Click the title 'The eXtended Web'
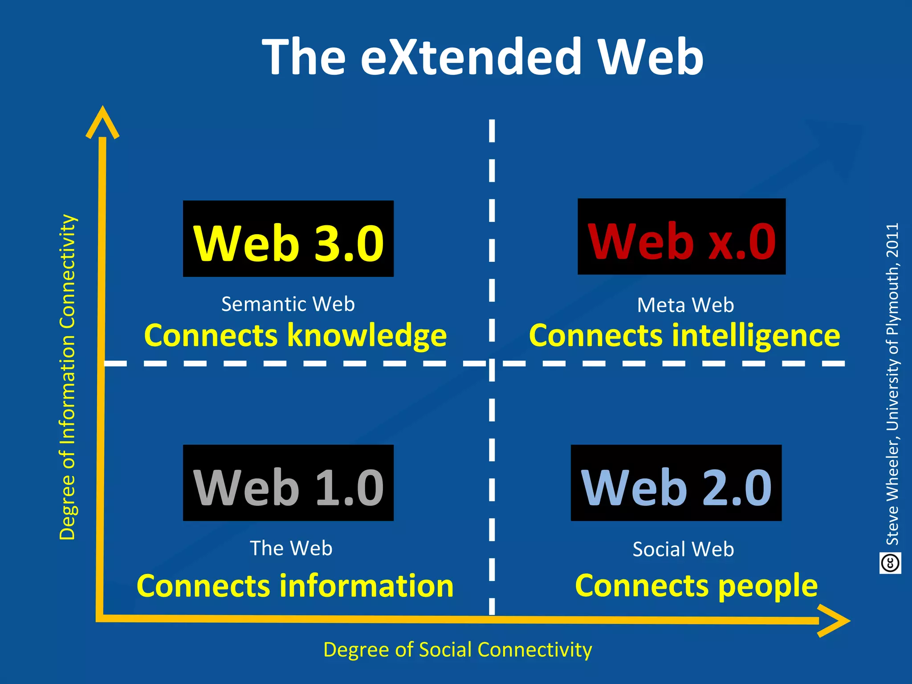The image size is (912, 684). point(483,57)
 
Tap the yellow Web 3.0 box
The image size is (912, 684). point(288,239)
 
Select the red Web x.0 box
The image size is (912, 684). point(681,237)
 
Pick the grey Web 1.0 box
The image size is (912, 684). point(288,483)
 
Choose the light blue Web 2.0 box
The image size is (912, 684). point(676,483)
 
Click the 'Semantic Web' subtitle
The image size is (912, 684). point(288,304)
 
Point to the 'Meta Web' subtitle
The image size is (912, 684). point(685,305)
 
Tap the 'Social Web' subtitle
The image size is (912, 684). point(683,549)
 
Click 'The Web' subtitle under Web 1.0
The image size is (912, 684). point(291,548)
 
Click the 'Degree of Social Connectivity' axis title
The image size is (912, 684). point(457,650)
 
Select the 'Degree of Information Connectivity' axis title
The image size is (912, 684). point(68,377)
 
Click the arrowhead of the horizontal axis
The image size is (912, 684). point(835,621)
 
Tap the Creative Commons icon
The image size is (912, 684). point(890,563)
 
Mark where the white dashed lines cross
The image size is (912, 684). point(492,364)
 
